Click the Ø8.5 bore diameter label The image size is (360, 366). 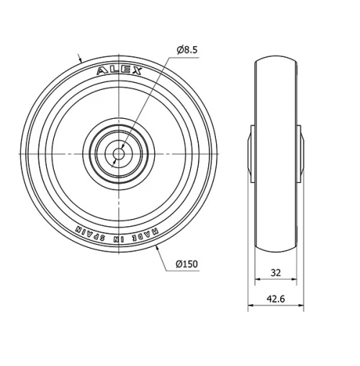pyautogui.click(x=186, y=50)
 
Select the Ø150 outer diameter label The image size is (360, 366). pyautogui.click(x=186, y=264)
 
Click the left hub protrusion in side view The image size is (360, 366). pyautogui.click(x=251, y=152)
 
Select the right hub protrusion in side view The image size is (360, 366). pyautogui.click(x=300, y=152)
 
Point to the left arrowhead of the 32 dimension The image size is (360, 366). pyautogui.click(x=257, y=283)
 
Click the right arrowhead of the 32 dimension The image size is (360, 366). pyautogui.click(x=294, y=283)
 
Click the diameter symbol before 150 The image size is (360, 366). pyautogui.click(x=179, y=264)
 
